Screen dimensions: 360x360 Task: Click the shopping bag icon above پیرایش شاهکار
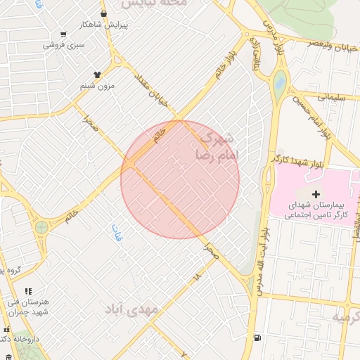pos(104,13)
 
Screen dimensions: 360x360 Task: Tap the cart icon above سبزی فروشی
pos(64,34)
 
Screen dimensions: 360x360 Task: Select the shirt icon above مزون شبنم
pos(97,74)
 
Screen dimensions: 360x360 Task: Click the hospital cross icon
pos(315,193)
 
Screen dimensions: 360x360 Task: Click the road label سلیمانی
pos(331,98)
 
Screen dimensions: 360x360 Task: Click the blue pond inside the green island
pos(280,83)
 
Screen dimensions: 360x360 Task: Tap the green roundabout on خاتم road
pos(42,227)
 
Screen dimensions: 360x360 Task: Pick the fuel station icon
pos(259,338)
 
